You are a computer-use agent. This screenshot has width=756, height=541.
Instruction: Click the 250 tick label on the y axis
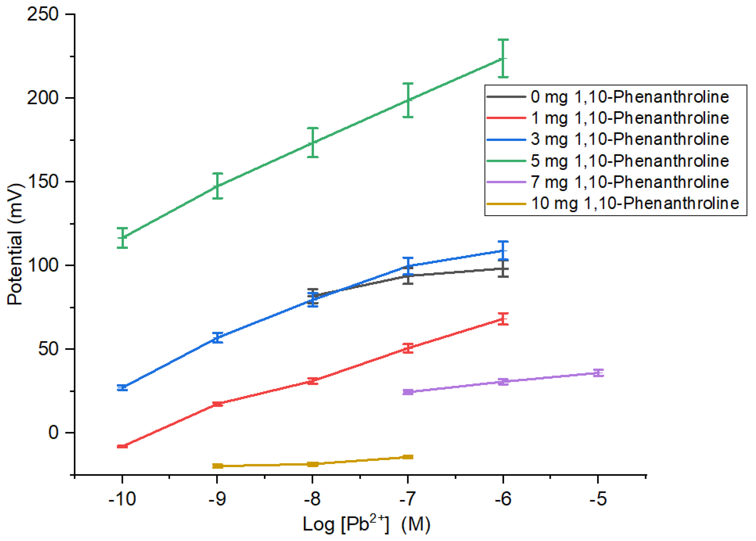pos(43,15)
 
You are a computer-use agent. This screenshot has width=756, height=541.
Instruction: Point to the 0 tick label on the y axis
pos(53,432)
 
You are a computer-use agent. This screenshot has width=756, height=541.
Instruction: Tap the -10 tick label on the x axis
pos(122,499)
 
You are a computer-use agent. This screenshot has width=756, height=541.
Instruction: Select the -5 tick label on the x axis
pos(598,499)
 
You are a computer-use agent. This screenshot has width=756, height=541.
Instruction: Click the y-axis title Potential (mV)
pos(15,244)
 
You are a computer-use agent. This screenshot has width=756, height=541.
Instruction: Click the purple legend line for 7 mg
pos(506,182)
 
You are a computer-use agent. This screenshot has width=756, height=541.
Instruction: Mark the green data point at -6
pos(503,59)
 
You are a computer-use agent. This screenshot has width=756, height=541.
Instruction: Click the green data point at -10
pos(122,237)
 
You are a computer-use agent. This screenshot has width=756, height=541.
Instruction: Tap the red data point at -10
pos(122,446)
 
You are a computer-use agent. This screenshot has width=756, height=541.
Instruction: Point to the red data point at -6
pos(503,319)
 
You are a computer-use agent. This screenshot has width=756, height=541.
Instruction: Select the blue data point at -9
pos(218,338)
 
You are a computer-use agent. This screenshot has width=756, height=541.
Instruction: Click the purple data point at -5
pos(598,373)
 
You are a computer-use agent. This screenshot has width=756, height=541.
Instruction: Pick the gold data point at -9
pos(218,466)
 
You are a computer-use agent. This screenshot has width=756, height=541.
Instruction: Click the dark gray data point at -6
pos(503,269)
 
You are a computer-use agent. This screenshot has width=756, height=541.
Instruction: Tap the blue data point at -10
pos(122,388)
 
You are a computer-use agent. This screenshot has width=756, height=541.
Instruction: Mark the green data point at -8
pos(313,143)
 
